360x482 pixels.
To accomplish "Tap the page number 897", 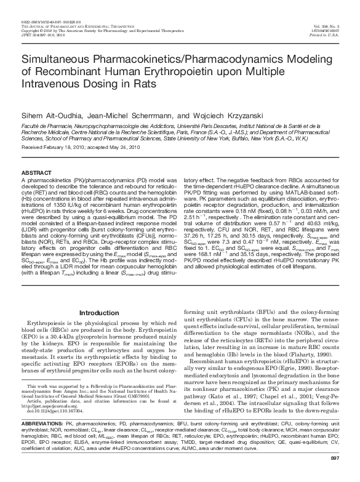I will click(335, 475).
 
